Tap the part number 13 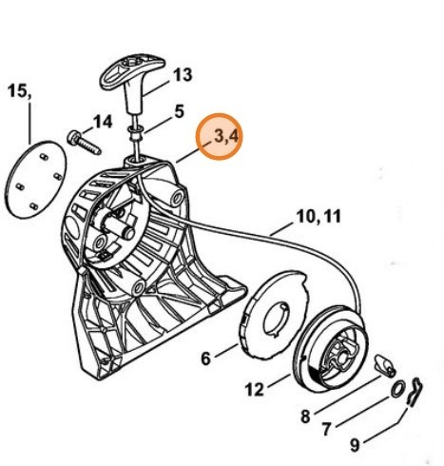[x=182, y=73]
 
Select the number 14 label [x=102, y=121]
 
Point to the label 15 [x=19, y=91]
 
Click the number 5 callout [x=179, y=111]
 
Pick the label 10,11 [x=317, y=216]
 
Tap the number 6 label [x=204, y=359]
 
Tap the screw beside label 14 [x=83, y=142]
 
